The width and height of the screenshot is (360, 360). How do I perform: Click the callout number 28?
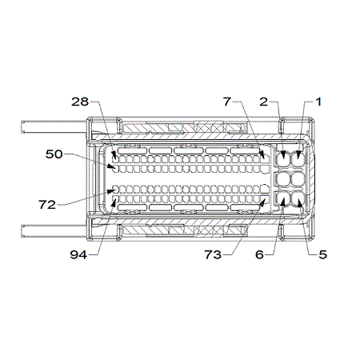[x=80, y=102]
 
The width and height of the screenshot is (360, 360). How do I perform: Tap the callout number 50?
[x=54, y=154]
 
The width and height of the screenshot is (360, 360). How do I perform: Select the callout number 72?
[x=47, y=205]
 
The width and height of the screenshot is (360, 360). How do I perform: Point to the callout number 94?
[x=78, y=255]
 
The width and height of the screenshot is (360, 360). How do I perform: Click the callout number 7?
[x=227, y=102]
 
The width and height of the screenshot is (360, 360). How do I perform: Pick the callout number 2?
[x=264, y=102]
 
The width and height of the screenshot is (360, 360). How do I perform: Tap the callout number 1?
[x=318, y=102]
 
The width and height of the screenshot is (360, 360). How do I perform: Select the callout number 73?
[x=213, y=254]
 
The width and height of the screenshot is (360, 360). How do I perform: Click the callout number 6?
[x=259, y=254]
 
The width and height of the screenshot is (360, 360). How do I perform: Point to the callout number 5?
[x=322, y=254]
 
